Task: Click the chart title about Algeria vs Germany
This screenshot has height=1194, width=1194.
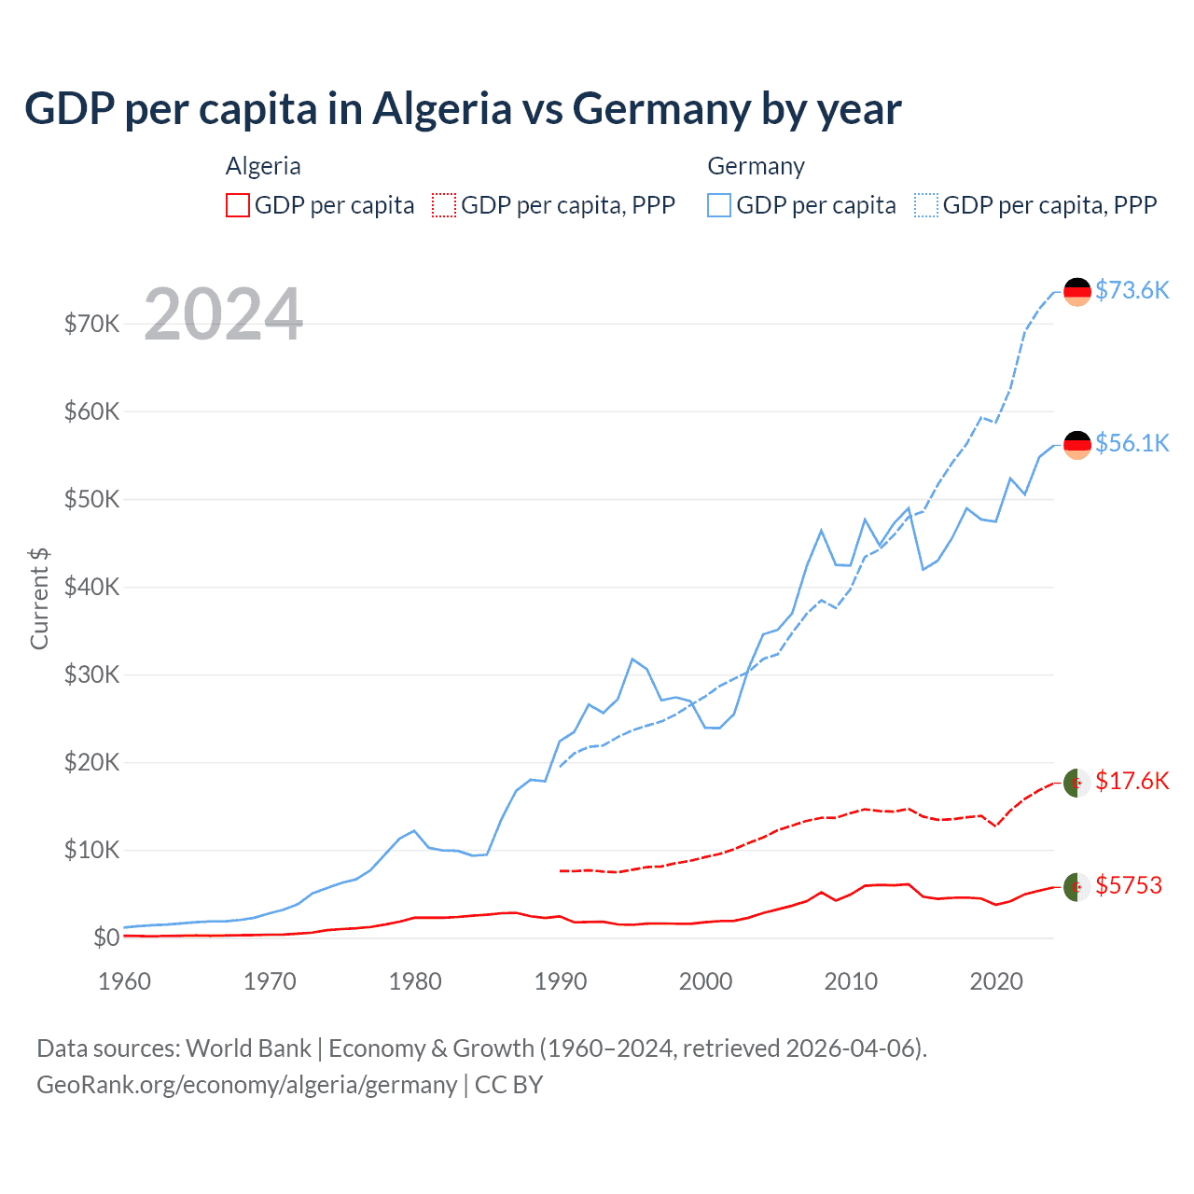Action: (x=463, y=109)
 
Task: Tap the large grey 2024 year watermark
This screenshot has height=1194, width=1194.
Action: (x=223, y=314)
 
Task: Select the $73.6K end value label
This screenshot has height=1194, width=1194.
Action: (x=1132, y=290)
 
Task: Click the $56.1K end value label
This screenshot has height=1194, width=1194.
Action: (x=1132, y=443)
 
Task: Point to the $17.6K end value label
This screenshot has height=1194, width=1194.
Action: (x=1132, y=781)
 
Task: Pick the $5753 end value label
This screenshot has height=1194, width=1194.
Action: (x=1129, y=885)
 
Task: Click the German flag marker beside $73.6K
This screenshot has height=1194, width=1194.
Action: (x=1077, y=292)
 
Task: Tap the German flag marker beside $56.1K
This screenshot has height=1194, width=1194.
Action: (x=1077, y=445)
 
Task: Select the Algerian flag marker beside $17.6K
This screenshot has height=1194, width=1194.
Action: (x=1077, y=783)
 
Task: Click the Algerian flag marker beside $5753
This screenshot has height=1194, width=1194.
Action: (x=1077, y=887)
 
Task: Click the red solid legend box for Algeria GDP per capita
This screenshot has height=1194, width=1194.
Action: (x=238, y=205)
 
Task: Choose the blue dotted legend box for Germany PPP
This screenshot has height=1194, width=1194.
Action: (x=926, y=205)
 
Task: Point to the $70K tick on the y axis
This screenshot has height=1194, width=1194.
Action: (x=91, y=324)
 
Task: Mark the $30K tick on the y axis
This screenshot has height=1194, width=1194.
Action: (x=91, y=674)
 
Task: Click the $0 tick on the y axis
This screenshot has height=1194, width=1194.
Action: (x=105, y=937)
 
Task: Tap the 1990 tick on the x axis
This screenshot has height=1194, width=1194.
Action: (x=561, y=981)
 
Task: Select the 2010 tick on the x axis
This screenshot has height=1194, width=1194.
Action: (x=851, y=981)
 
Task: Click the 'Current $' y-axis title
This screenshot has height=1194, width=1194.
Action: (x=39, y=599)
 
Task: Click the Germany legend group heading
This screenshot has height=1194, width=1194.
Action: (x=756, y=166)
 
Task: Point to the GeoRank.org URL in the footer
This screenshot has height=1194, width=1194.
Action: (x=246, y=1085)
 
